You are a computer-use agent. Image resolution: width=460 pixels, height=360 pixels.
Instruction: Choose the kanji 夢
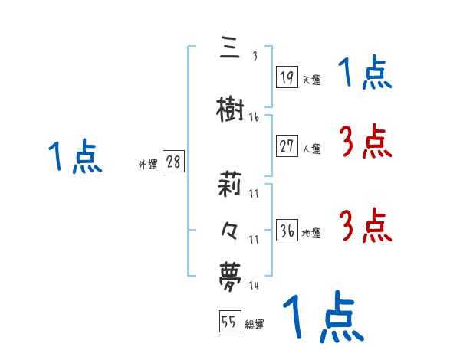[x=230, y=273]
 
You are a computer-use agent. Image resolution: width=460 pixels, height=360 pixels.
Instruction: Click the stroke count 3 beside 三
[x=254, y=55]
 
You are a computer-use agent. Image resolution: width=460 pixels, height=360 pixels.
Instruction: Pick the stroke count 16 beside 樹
[x=254, y=117]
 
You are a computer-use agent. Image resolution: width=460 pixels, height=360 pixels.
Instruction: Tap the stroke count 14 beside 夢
[x=254, y=285]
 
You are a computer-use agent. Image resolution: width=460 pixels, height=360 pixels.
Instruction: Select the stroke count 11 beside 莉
[x=254, y=193]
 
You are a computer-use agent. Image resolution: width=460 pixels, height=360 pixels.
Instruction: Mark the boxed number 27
[x=287, y=146]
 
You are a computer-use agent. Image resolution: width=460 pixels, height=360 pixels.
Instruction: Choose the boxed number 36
[x=287, y=230]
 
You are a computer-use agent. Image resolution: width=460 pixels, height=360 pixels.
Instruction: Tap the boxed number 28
[x=173, y=162]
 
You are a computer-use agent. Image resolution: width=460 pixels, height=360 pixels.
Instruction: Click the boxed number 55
[x=229, y=322]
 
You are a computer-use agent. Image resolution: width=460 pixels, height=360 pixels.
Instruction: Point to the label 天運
[x=311, y=79]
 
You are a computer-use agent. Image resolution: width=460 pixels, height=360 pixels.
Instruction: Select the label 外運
[x=147, y=164]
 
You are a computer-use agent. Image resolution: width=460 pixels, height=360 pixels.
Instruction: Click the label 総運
[x=255, y=325]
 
